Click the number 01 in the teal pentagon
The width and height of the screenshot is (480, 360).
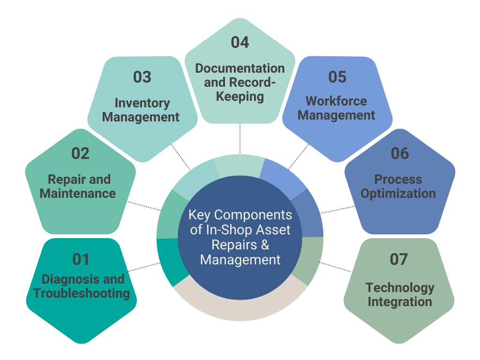(x=80, y=259)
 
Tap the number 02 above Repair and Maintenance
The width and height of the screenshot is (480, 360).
(x=80, y=154)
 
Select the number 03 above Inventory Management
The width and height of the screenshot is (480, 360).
(x=142, y=77)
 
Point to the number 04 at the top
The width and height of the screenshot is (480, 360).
(x=240, y=42)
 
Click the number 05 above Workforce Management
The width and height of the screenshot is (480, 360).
(x=337, y=77)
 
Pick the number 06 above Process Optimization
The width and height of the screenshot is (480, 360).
(x=399, y=154)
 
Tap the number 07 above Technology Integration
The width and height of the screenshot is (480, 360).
(x=399, y=259)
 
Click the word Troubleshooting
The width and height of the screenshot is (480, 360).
(x=81, y=294)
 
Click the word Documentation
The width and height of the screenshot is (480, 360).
(x=240, y=68)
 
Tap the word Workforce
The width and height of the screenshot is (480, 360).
(x=336, y=101)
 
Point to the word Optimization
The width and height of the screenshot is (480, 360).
(x=398, y=193)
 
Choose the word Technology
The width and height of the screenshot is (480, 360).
(x=400, y=287)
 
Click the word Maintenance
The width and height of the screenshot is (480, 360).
(x=77, y=193)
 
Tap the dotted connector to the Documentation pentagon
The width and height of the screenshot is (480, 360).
(x=240, y=139)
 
